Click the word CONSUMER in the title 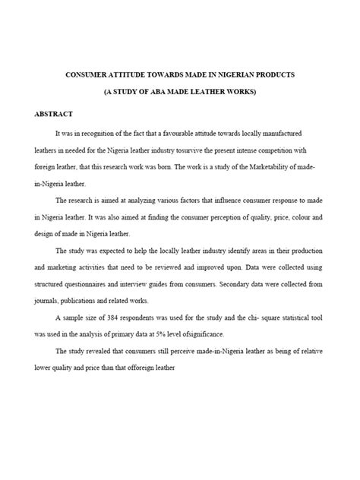[90, 77]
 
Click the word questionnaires [90, 283]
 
